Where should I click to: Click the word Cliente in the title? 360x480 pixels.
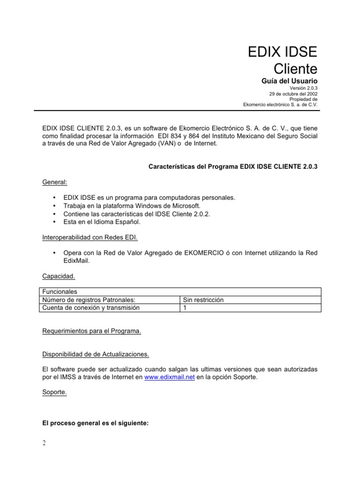[295, 69]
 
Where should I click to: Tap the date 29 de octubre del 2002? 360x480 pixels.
[293, 94]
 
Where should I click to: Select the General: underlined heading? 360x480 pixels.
[54, 181]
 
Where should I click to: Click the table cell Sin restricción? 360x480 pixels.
[203, 300]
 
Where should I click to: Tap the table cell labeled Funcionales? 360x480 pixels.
[60, 292]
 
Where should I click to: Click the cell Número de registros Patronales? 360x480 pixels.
[91, 300]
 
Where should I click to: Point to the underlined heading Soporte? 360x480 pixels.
[54, 393]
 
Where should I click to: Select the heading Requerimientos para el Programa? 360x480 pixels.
[91, 331]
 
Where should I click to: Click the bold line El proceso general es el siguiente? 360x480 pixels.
[95, 423]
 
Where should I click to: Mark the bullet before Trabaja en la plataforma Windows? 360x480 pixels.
[55, 206]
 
